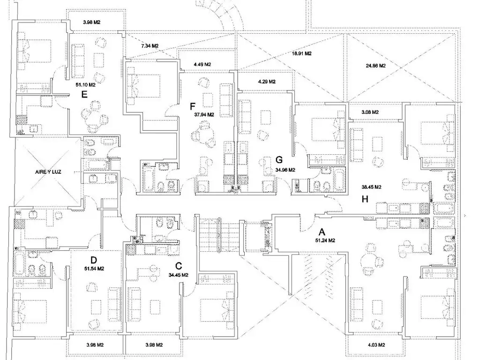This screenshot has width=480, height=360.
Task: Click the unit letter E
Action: [84, 94]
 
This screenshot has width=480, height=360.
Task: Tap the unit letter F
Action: [193, 106]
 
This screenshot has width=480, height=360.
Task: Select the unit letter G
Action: [279, 160]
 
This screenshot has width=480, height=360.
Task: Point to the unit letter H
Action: [365, 199]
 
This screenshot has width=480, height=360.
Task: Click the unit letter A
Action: [322, 232]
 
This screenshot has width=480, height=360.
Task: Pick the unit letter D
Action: [94, 260]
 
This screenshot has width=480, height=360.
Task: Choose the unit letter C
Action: [179, 266]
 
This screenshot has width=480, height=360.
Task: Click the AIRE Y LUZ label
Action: [48, 172]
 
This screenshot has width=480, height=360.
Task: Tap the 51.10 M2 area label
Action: [86, 85]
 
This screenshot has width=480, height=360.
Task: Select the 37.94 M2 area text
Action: [204, 115]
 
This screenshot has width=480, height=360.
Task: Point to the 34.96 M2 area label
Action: [285, 170]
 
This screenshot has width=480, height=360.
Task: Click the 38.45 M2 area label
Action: [371, 187]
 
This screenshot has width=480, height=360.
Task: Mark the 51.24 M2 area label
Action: [325, 240]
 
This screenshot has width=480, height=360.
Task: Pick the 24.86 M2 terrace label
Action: [375, 66]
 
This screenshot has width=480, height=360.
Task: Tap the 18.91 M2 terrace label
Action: [301, 53]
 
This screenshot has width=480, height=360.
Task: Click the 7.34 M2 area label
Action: [150, 46]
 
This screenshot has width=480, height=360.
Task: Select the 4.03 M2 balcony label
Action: [376, 345]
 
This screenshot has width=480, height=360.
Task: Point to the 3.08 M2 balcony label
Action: [370, 112]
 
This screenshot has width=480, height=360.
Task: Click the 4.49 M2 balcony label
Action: [202, 65]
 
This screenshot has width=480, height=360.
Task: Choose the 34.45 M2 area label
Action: [179, 275]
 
